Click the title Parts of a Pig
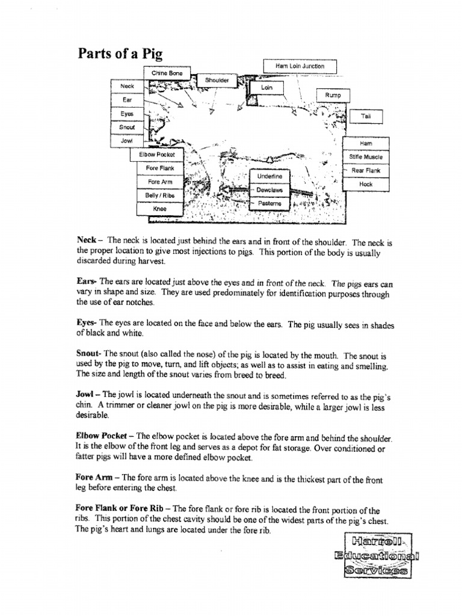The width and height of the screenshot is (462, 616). (120, 54)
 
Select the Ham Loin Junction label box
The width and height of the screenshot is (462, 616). (300, 66)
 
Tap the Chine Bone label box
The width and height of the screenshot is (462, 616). (167, 73)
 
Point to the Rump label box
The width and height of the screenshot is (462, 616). (333, 96)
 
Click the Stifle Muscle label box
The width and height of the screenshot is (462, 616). (366, 157)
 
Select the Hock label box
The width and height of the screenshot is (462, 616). (366, 184)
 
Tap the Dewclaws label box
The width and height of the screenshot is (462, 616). (269, 190)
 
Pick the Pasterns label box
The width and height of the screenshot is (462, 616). (269, 204)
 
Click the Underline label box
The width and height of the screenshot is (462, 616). (269, 177)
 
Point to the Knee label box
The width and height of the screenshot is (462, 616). (159, 209)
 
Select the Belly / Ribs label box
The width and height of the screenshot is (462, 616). (159, 196)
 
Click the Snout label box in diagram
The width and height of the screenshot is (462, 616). (127, 128)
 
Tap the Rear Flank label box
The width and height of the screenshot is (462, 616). (366, 171)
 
